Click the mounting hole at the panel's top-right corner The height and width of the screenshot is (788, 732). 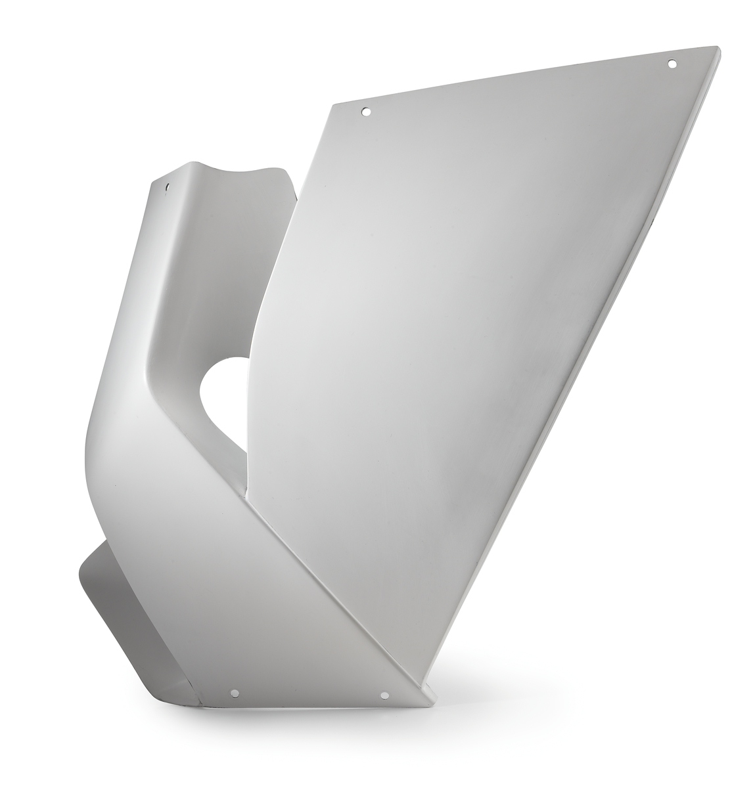[x=672, y=64]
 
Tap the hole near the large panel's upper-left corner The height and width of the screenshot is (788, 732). [x=367, y=112]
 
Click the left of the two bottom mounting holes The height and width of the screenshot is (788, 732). [x=234, y=692]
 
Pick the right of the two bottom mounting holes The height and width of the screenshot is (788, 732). [x=385, y=695]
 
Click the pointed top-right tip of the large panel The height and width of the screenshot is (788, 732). [x=717, y=47]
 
